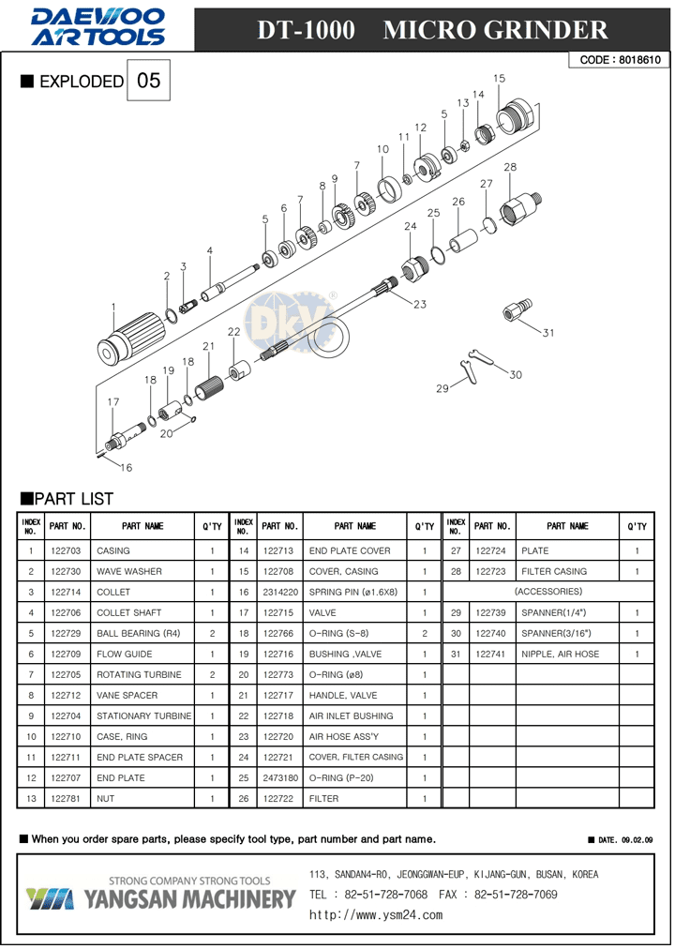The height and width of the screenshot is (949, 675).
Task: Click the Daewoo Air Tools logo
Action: (x=97, y=26)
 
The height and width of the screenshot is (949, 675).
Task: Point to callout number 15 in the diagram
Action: (x=499, y=79)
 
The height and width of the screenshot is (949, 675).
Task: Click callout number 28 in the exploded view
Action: (x=510, y=168)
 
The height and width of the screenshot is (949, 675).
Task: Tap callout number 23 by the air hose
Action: (x=419, y=305)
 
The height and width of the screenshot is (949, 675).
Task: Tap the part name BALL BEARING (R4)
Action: (x=143, y=634)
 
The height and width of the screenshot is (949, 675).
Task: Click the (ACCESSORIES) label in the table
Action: (x=550, y=592)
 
